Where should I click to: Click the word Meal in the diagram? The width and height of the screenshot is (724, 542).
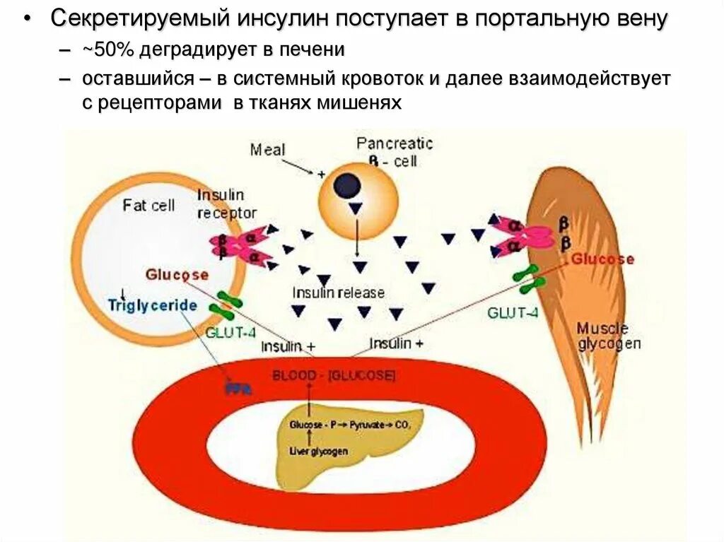[x=268, y=150]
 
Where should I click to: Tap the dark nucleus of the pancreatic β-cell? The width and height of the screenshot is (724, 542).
[x=347, y=187]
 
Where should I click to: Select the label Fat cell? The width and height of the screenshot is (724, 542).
[x=148, y=206]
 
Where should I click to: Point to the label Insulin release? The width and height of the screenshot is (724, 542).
[x=339, y=292]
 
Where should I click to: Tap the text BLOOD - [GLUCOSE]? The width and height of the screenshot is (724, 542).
[x=334, y=375]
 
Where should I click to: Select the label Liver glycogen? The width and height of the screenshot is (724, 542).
[x=318, y=450]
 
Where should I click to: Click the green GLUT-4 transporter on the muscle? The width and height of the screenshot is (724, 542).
[x=529, y=278]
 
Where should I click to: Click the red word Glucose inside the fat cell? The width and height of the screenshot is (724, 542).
[x=177, y=274]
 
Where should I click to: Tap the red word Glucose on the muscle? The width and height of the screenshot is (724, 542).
[x=602, y=259]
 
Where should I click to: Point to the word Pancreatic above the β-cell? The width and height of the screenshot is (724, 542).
[x=395, y=143]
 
